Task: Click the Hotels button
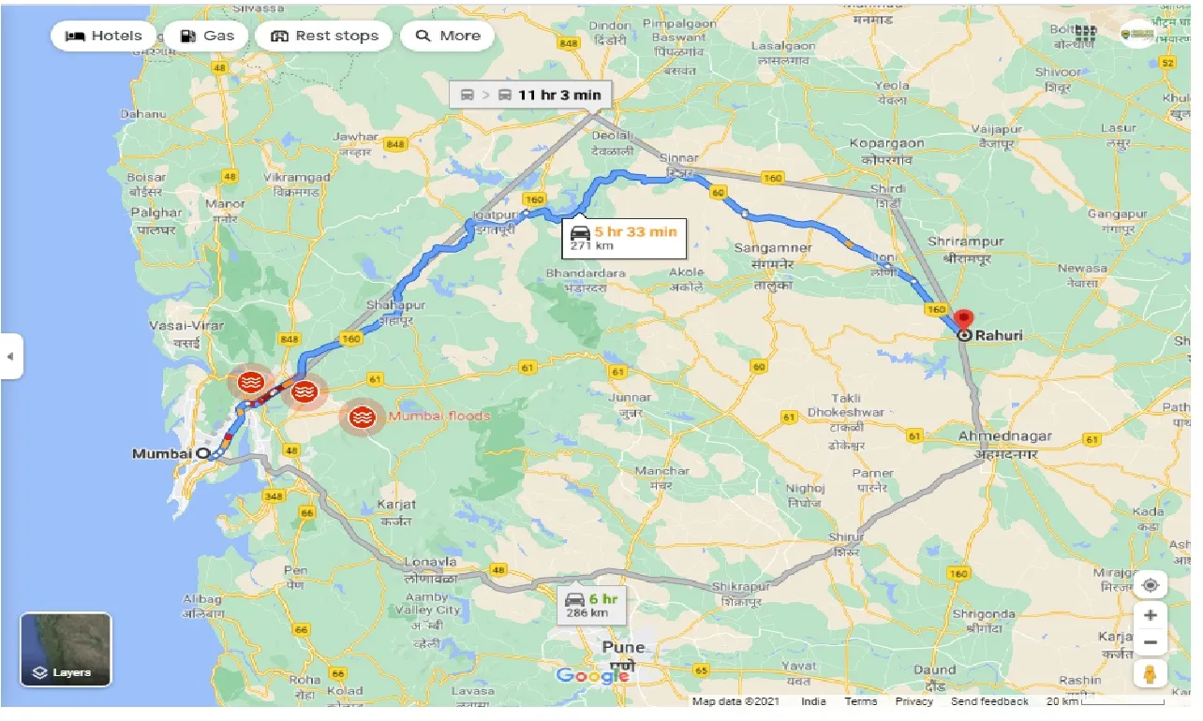point(104,37)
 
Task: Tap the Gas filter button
point(206,37)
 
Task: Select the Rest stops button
point(324,37)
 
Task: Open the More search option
point(448,37)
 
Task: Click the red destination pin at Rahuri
point(963,318)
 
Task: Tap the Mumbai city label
point(161,454)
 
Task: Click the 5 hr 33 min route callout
point(624,238)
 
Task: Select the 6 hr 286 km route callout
point(587,605)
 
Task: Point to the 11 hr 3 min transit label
point(530,95)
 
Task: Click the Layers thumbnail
point(66,649)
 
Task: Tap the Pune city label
point(623,648)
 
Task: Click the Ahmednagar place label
point(1004,436)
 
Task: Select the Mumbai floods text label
point(439,416)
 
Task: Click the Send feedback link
point(988,701)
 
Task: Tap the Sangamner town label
point(765,248)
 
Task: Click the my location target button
point(1151,586)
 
